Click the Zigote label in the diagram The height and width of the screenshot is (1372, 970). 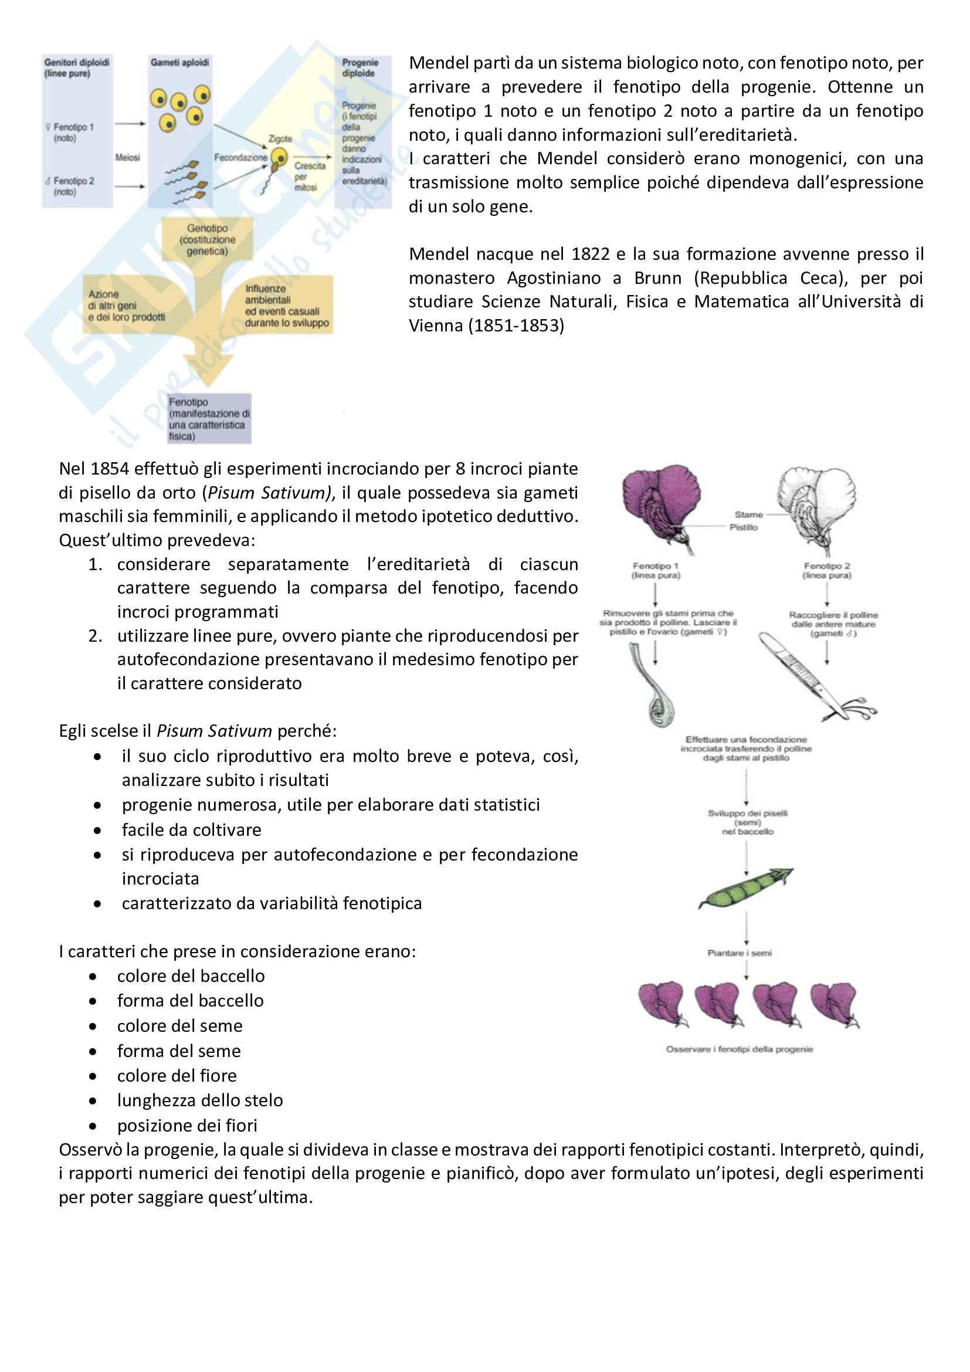coord(280,138)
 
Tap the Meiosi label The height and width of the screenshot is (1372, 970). coord(127,157)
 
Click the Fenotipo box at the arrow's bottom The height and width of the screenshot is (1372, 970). coord(208,419)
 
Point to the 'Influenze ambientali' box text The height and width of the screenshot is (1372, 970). coord(286,306)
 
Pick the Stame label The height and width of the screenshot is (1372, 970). coord(748,514)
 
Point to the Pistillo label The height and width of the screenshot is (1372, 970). coord(743,527)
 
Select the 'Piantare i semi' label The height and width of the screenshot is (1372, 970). coord(740,953)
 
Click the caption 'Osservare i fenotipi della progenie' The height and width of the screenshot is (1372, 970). coord(740,1049)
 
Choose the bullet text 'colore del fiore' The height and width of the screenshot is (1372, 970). coord(177,1076)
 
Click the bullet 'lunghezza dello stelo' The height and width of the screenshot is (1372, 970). coord(200,1100)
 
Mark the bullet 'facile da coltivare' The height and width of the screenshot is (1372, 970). coord(191,830)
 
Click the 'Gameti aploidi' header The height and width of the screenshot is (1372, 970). coord(180,63)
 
